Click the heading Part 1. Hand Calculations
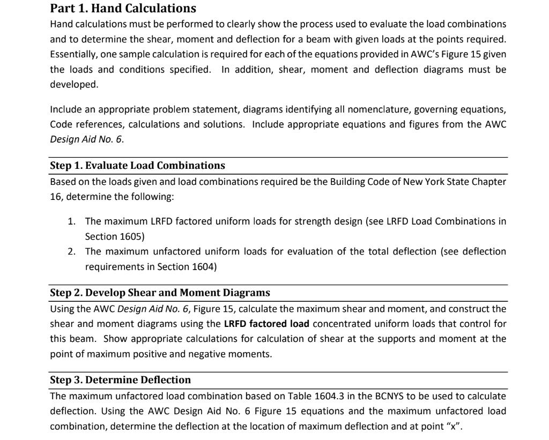coord(123,9)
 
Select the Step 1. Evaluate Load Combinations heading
coord(137,165)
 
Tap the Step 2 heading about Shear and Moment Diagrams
coord(160,293)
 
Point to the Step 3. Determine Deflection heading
coord(120,380)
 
